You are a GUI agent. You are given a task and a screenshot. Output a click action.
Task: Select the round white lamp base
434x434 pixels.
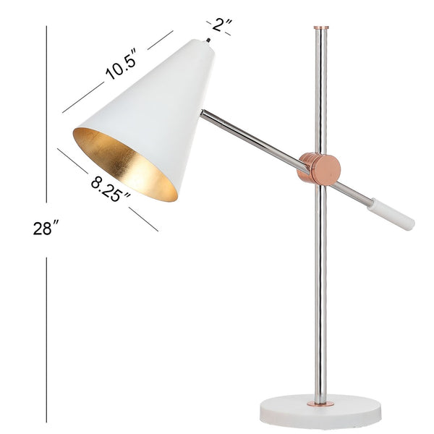pos(321,412)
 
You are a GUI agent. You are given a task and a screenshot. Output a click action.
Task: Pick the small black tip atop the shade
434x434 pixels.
pos(209,41)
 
